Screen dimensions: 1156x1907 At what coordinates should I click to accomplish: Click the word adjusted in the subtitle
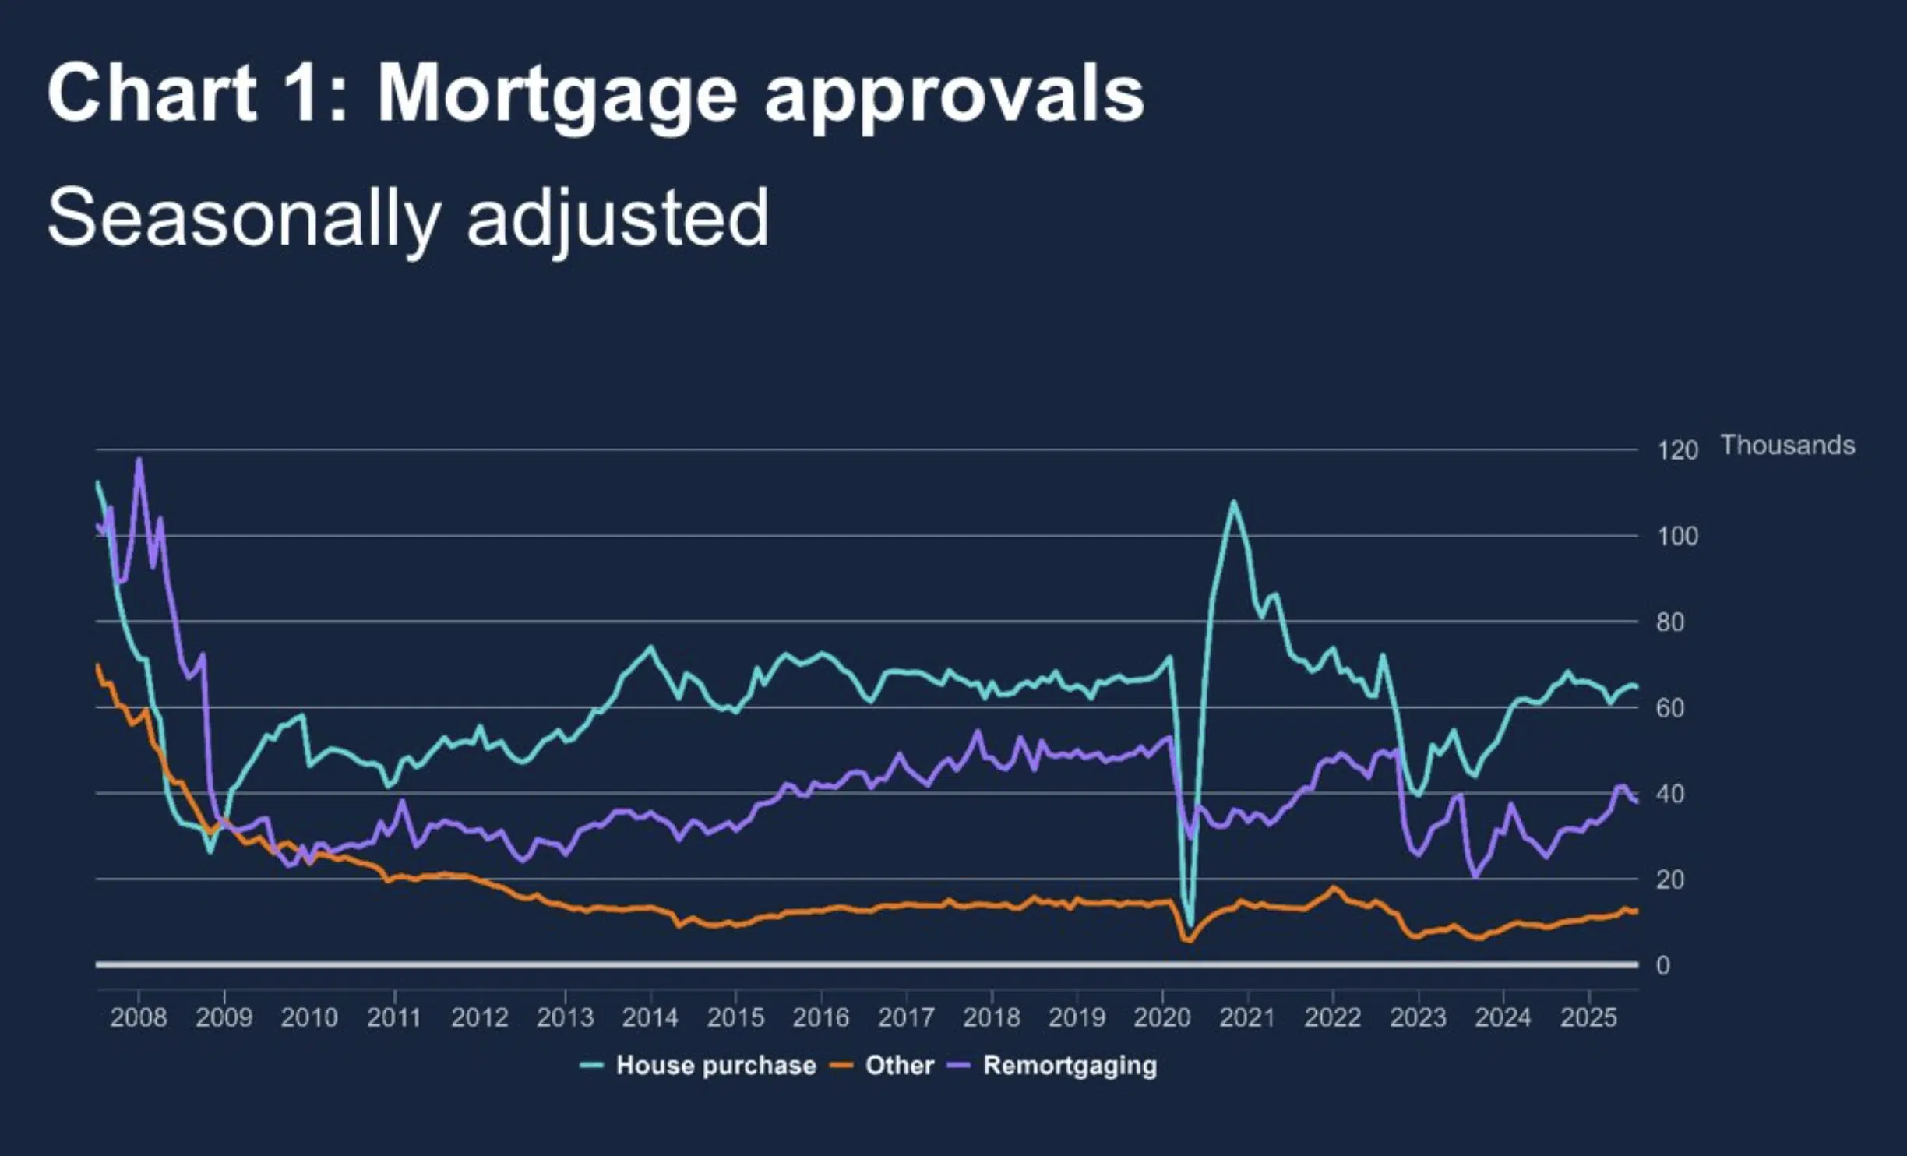[x=618, y=218]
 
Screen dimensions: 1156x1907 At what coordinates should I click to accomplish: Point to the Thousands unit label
[x=1787, y=445]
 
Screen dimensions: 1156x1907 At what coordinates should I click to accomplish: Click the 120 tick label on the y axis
[x=1677, y=450]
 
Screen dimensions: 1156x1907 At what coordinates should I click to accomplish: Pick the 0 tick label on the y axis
[x=1663, y=965]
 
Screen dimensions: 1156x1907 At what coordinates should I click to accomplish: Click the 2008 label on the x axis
[x=139, y=1017]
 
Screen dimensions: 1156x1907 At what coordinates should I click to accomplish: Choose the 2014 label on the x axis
[x=650, y=1017]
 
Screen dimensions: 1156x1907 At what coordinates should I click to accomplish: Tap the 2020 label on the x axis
[x=1161, y=1017]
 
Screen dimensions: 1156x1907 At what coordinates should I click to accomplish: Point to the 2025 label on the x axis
[x=1588, y=1017]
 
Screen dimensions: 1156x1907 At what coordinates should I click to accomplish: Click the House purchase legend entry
[x=715, y=1065]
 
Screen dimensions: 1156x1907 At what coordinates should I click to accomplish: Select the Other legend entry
[x=899, y=1065]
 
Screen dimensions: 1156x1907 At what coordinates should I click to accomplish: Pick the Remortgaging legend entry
[x=1070, y=1065]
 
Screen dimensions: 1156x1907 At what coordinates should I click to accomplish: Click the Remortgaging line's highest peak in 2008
[x=139, y=459]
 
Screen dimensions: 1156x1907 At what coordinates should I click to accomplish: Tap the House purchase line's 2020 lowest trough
[x=1190, y=925]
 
